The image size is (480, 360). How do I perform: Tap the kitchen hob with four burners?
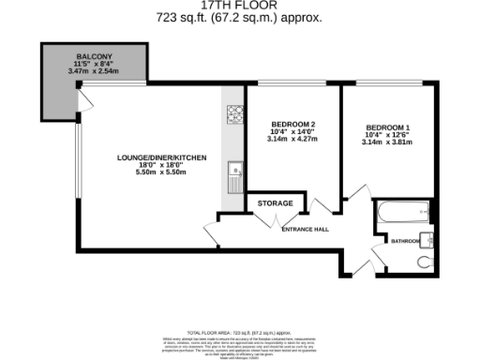click(x=233, y=114)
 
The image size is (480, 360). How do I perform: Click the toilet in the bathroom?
click(x=426, y=261)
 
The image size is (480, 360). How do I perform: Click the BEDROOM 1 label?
click(x=387, y=127)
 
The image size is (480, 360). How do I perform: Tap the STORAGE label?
click(x=276, y=203)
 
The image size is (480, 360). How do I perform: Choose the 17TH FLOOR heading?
click(x=239, y=5)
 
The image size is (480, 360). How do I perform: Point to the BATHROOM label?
click(x=404, y=240)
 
